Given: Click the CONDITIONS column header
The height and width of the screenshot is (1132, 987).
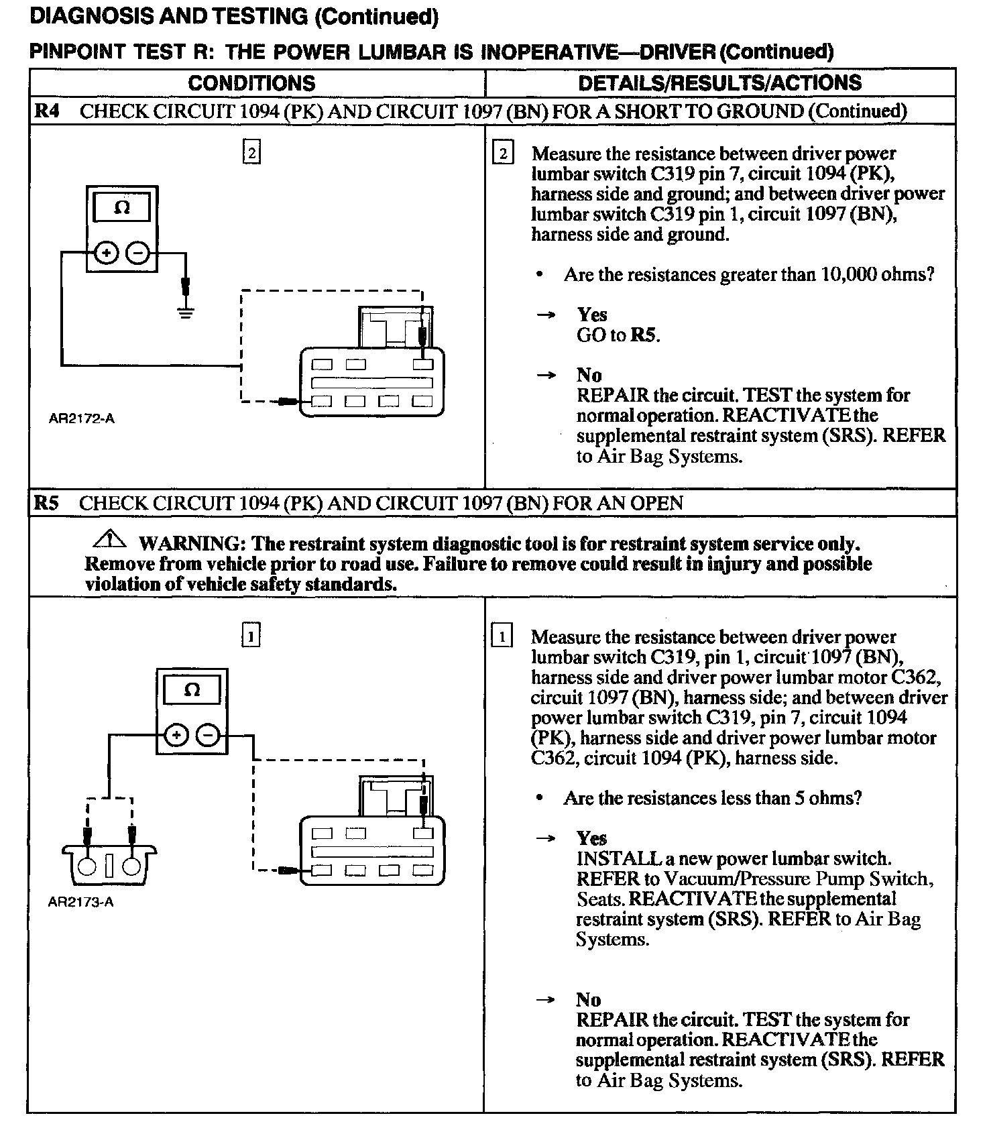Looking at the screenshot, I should tap(251, 83).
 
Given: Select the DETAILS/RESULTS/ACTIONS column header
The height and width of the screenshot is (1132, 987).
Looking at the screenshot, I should tap(719, 82).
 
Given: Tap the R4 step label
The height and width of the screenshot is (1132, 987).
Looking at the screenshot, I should tap(47, 111).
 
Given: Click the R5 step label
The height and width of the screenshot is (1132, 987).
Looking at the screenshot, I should tap(47, 503).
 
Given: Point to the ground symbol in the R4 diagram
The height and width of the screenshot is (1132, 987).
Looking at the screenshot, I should tap(186, 312).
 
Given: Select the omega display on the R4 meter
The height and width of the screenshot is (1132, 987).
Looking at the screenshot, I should tap(122, 207).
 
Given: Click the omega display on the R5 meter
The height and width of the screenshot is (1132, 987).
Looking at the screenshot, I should tap(192, 689).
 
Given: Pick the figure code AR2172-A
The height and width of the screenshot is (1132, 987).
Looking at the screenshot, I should tap(81, 418).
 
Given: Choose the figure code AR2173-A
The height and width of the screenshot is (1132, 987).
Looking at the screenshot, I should tap(81, 902).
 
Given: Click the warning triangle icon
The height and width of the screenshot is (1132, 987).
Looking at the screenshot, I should tap(109, 539).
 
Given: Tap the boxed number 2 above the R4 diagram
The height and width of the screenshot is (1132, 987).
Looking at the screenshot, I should tap(251, 154).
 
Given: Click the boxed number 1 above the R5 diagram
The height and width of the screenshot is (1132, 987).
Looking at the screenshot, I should tap(251, 635).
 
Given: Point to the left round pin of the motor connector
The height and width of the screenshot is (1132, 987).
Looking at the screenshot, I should tap(87, 866).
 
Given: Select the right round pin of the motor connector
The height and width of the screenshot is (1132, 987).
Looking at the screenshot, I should tap(131, 866).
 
